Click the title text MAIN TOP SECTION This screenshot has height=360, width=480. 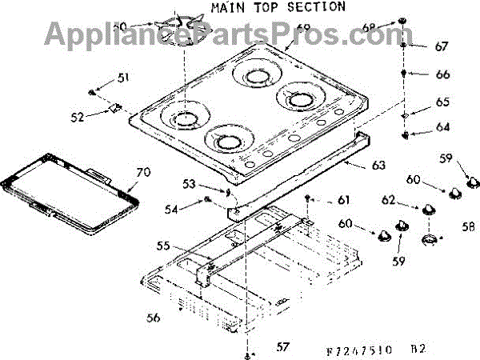coord(278,7)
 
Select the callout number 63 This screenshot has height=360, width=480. coord(378,166)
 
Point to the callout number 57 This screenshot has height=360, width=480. coord(282,346)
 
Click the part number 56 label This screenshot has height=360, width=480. coord(153,318)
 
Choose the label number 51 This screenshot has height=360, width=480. coord(122,78)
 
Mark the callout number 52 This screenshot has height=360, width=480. coord(78,117)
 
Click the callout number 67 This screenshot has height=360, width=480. coord(442,46)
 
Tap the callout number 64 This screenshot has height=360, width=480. coord(442,126)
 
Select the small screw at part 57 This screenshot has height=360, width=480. coord(250,352)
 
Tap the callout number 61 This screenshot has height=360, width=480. coord(343,199)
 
